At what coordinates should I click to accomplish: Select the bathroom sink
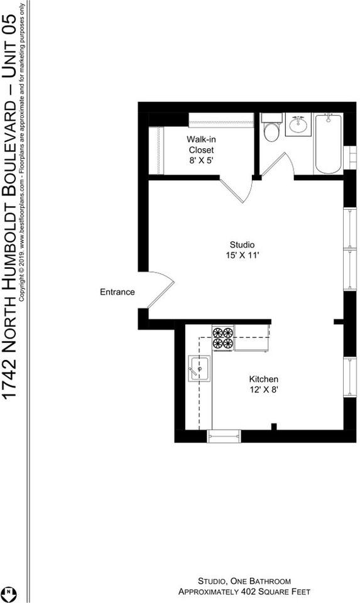tap(298, 124)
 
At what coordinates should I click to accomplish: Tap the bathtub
tap(328, 144)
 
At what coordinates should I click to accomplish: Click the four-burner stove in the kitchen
tap(222, 337)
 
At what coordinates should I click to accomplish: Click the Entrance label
tap(117, 292)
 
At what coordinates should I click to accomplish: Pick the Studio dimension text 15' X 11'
tap(242, 256)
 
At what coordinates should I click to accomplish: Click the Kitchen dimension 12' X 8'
tap(263, 389)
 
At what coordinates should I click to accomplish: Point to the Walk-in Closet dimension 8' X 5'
tap(201, 161)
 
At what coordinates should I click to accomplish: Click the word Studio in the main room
tap(242, 244)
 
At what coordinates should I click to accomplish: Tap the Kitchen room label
tap(263, 379)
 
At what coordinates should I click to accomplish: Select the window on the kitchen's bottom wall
tap(224, 435)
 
